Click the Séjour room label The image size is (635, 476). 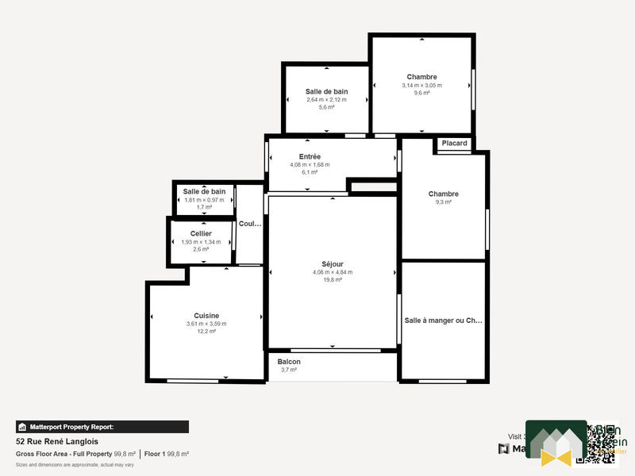click(333, 264)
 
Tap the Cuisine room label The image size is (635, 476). click(206, 316)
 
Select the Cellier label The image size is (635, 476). click(201, 233)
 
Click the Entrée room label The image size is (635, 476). click(310, 156)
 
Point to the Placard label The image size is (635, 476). click(455, 144)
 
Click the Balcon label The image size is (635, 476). click(289, 362)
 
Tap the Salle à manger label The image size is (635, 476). click(443, 321)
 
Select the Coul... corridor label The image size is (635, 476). click(249, 224)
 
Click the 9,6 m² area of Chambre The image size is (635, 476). click(421, 93)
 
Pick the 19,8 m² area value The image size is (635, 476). click(333, 280)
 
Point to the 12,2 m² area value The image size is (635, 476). click(206, 332)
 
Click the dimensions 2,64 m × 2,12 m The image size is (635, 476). click(326, 99)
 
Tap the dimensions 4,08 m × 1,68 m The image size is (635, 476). click(310, 165)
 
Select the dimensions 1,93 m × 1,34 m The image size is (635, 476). click(201, 242)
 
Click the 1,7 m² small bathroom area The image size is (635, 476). click(204, 207)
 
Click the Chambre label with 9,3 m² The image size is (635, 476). click(443, 194)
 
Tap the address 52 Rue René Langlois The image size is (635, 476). click(57, 442)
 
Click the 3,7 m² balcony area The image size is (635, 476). click(289, 370)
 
